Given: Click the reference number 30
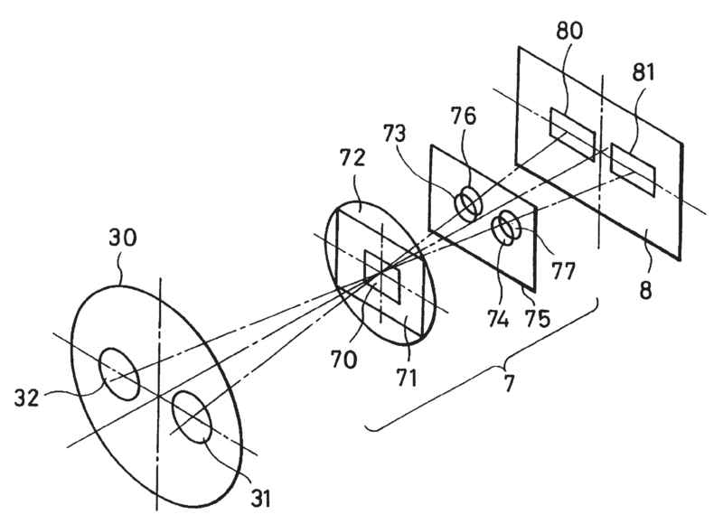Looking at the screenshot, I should coord(125,243).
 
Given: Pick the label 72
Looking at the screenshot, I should coord(353,160).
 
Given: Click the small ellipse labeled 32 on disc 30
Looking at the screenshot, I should coord(119,373).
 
